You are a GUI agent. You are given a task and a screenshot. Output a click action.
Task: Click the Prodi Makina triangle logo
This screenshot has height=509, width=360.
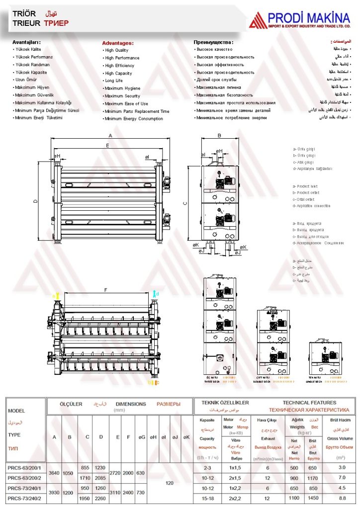258,20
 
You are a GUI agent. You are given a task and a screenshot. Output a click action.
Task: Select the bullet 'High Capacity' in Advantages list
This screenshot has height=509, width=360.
118,73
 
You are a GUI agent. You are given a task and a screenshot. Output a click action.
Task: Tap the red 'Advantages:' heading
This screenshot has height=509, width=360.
118,43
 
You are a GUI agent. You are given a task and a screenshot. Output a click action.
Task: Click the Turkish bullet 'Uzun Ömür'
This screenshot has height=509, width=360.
26,80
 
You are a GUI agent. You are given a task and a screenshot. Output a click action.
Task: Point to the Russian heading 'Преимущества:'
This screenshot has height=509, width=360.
213,42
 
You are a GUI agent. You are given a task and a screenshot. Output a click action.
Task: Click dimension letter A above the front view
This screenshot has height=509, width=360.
110,135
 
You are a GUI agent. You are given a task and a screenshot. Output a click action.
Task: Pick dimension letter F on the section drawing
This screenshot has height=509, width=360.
105,289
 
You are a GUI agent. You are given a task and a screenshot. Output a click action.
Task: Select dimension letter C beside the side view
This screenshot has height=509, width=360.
185,203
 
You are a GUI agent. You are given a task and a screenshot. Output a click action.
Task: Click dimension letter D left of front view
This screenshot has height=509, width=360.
35,201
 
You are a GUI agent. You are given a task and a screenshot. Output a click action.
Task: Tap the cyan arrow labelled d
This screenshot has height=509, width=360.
155,294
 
